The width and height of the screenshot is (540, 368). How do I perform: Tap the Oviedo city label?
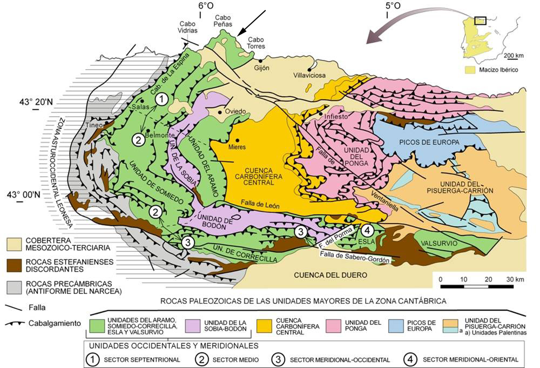tap(235, 112)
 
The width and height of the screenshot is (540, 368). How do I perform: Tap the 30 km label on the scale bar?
tap(514, 279)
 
